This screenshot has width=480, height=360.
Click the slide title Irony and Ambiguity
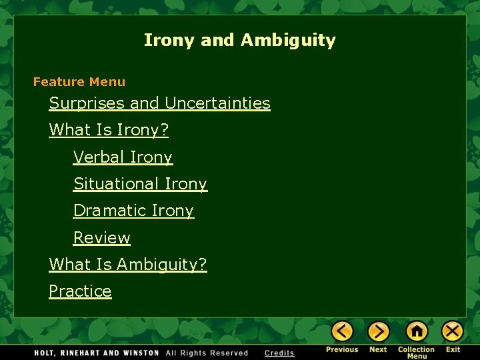coord(239,40)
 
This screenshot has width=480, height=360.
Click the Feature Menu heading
coord(79,82)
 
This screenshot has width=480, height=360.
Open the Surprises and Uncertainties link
coord(159,103)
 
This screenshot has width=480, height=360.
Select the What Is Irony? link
coord(109,130)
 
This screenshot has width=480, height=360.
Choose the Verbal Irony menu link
coord(123,157)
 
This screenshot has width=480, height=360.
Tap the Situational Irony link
coord(140,184)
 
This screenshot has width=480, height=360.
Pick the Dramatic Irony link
coord(133,211)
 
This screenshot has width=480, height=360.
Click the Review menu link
coord(101,238)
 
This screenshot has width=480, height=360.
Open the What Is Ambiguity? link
coord(128,265)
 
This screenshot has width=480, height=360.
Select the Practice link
coord(80,291)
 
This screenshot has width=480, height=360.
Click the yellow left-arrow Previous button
coord(342,331)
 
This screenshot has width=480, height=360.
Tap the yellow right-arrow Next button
coord(379,331)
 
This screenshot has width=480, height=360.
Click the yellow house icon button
coord(417,331)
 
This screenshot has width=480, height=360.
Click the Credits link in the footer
coord(279,353)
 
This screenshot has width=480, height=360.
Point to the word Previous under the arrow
coord(342,349)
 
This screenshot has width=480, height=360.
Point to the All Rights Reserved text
coord(207,353)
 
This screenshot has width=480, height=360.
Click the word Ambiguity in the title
coord(288,40)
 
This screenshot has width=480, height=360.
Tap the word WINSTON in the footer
coord(139,353)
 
